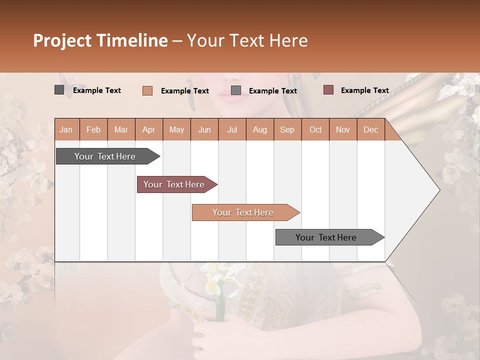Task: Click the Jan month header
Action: click(66, 130)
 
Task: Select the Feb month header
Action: click(93, 130)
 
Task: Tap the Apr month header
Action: click(148, 130)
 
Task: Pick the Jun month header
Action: click(204, 130)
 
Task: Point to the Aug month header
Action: click(259, 130)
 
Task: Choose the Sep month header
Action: click(287, 130)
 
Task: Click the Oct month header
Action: click(315, 130)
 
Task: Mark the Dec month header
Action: click(370, 130)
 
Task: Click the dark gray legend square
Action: click(59, 90)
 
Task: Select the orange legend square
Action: click(147, 90)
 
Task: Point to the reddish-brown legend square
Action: click(328, 90)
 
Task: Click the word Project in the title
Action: click(62, 40)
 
